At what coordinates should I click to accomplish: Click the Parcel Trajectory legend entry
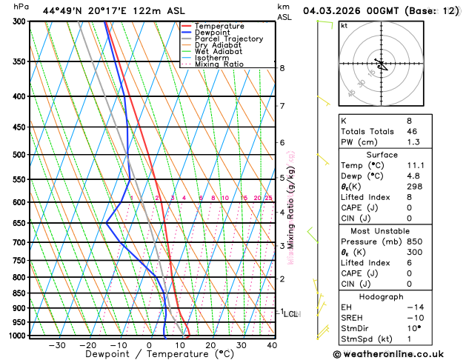[228, 39]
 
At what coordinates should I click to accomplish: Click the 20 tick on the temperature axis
[210, 345]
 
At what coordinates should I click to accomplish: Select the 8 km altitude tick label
[282, 68]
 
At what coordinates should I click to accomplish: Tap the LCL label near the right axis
[291, 314]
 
